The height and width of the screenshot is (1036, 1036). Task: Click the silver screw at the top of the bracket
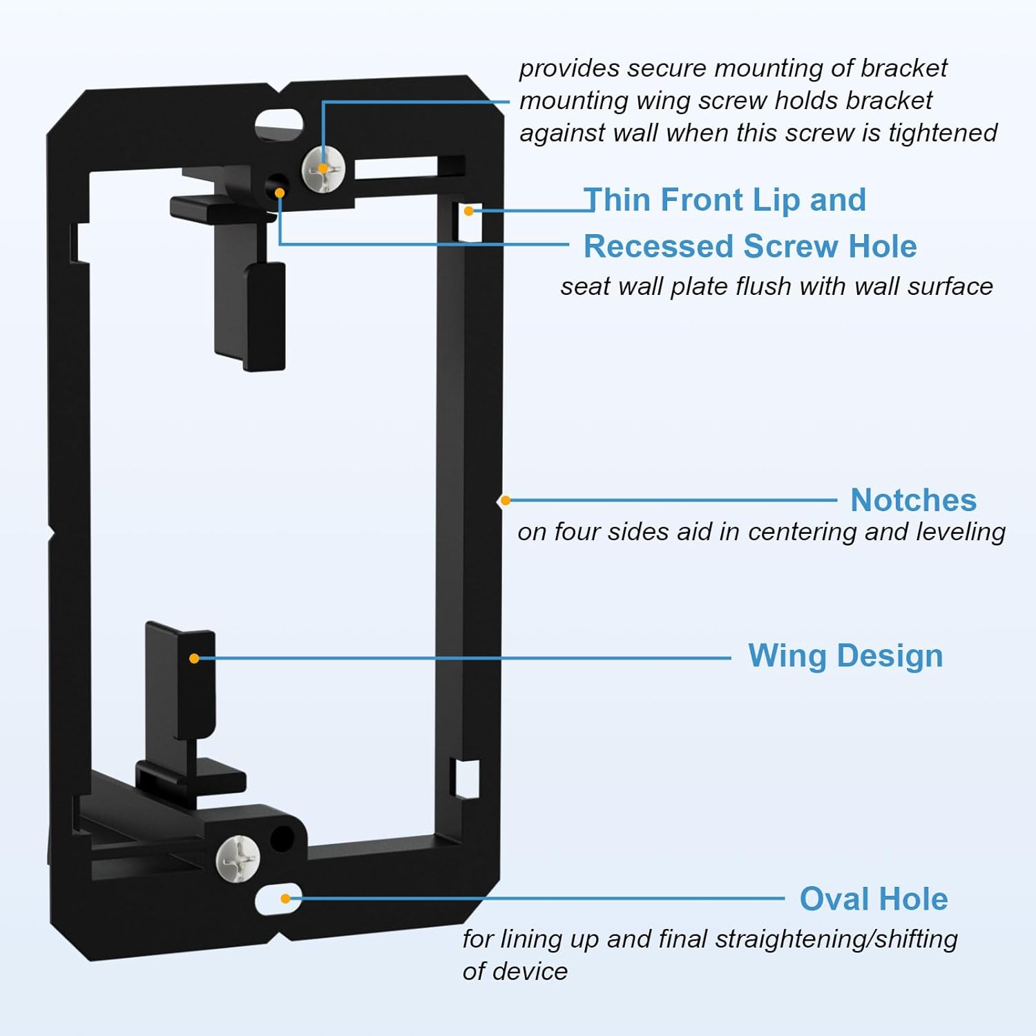coord(323,169)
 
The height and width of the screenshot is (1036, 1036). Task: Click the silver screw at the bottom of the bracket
coord(237,858)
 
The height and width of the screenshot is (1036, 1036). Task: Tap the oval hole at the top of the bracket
coord(279,124)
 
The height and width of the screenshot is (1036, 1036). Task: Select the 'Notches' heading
coord(913,500)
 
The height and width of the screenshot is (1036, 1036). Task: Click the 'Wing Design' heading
coord(845,656)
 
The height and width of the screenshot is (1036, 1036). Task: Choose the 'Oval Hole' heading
coord(874,899)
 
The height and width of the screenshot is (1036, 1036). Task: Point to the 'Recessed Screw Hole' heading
coord(750,247)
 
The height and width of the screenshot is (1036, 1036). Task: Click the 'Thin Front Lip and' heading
coord(725,200)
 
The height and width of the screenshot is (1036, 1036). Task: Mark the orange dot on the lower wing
coord(194,658)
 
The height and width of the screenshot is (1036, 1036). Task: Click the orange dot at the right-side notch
coord(506,500)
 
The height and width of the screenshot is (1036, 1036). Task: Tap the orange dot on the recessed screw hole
coord(280,193)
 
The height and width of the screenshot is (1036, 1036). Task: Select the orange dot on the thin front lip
coord(469,211)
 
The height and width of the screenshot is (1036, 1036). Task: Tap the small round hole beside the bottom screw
coord(281,838)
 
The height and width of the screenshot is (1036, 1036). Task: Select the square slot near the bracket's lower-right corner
coord(465,778)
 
